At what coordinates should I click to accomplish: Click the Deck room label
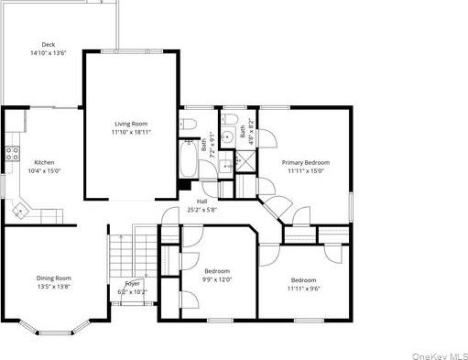pyautogui.click(x=48, y=44)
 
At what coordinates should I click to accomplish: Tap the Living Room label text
pyautogui.click(x=131, y=123)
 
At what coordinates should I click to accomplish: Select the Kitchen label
pyautogui.click(x=45, y=161)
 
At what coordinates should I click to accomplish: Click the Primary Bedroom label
pyautogui.click(x=305, y=162)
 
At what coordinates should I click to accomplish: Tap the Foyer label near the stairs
pyautogui.click(x=135, y=284)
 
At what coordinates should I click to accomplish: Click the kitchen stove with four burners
pyautogui.click(x=13, y=154)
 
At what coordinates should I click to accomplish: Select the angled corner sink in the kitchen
pyautogui.click(x=19, y=211)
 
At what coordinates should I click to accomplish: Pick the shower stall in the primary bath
pyautogui.click(x=245, y=160)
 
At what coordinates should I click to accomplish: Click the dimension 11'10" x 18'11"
pyautogui.click(x=131, y=132)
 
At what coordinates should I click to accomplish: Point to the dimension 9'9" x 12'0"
pyautogui.click(x=217, y=279)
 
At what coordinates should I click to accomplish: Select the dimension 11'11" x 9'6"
pyautogui.click(x=303, y=288)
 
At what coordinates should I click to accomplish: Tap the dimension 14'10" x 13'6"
pyautogui.click(x=48, y=53)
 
